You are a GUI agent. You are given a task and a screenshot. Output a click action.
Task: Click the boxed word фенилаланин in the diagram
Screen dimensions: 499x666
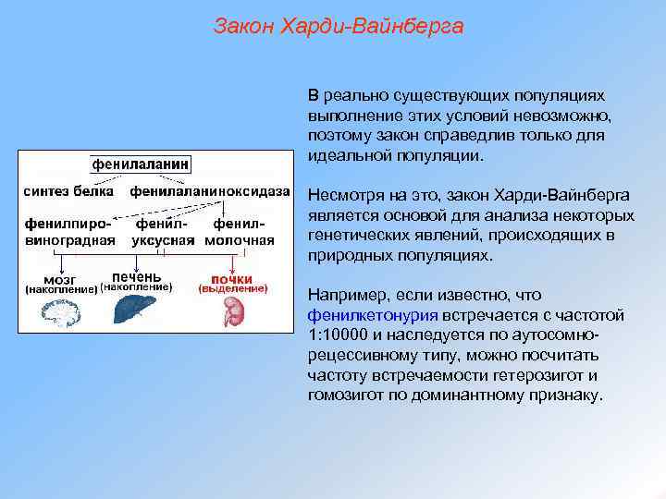pos(141,164)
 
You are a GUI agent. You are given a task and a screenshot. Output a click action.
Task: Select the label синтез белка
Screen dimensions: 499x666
pos(68,191)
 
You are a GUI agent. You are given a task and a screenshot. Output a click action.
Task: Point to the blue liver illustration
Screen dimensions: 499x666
pos(136,310)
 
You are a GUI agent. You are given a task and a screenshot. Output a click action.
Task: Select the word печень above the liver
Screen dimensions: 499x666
pos(136,276)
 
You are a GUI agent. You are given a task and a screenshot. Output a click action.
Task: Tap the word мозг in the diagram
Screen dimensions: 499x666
pos(61,278)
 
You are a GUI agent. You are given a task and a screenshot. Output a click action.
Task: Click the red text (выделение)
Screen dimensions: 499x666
pos(233,288)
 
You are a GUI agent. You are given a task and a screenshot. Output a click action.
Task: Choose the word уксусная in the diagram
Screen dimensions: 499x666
pos(162,240)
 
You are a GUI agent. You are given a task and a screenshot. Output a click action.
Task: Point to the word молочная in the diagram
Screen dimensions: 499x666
pos(240,240)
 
